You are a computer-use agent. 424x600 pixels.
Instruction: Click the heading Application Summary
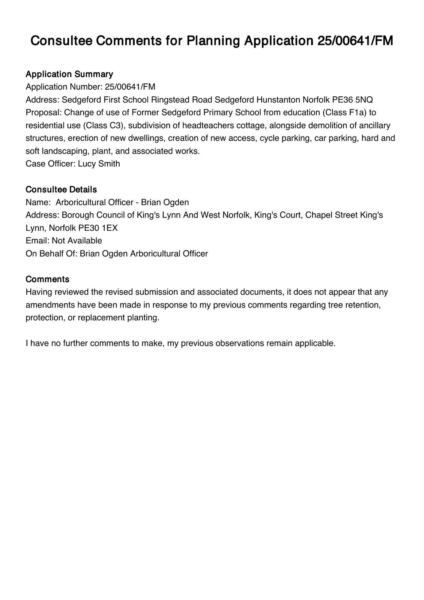coord(69,74)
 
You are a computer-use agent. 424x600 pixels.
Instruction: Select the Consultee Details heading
coord(61,189)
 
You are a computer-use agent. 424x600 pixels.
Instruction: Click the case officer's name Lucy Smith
coord(99,164)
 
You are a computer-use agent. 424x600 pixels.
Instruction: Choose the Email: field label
coord(38,241)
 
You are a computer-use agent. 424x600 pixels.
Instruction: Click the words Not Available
coord(77,241)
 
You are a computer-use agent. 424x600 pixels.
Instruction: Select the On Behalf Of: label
coord(51,253)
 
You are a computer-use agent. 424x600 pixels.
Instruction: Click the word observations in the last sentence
coord(239,343)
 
